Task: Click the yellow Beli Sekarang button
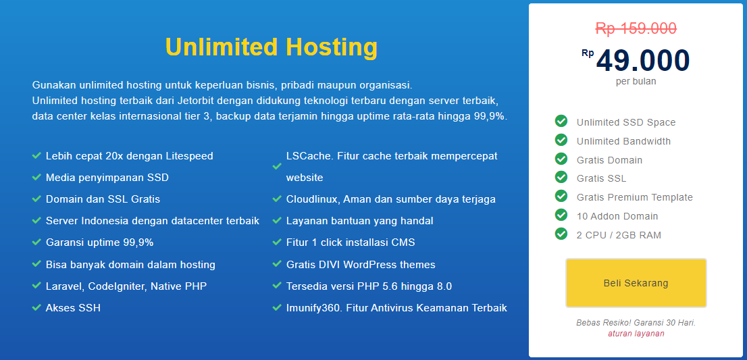click(x=636, y=283)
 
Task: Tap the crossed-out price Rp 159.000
click(x=636, y=28)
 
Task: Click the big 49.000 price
click(x=643, y=61)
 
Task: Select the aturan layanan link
click(x=636, y=334)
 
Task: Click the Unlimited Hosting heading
click(x=271, y=47)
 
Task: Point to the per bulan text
click(x=636, y=82)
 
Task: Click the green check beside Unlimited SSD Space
click(x=561, y=121)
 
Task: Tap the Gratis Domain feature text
click(x=609, y=160)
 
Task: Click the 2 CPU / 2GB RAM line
click(x=619, y=235)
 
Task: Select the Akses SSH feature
click(x=73, y=307)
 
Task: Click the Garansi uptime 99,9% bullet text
click(x=99, y=242)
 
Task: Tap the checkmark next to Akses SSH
click(x=36, y=307)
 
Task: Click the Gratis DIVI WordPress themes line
click(x=361, y=264)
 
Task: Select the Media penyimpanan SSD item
click(x=107, y=178)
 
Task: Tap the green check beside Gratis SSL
click(x=561, y=177)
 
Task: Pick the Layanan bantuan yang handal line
click(x=359, y=221)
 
